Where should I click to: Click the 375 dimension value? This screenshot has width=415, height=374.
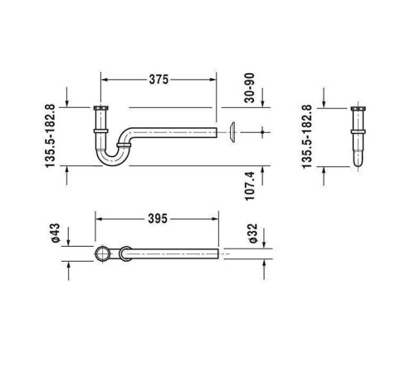tap(159, 80)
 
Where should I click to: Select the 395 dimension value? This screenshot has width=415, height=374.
tap(158, 219)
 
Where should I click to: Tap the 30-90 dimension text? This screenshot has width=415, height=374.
tap(250, 88)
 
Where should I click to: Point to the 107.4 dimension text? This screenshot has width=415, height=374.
tap(250, 186)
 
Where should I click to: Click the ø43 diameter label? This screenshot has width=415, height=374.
tap(56, 233)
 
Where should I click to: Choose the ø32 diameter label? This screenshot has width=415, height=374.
tap(253, 234)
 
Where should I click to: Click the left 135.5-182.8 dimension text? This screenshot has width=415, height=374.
tap(51, 136)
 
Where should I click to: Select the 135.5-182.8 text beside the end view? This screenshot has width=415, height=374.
tap(307, 136)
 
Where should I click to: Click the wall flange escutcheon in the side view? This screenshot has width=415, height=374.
tap(232, 132)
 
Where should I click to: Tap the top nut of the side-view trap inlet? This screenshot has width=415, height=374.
tap(100, 108)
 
